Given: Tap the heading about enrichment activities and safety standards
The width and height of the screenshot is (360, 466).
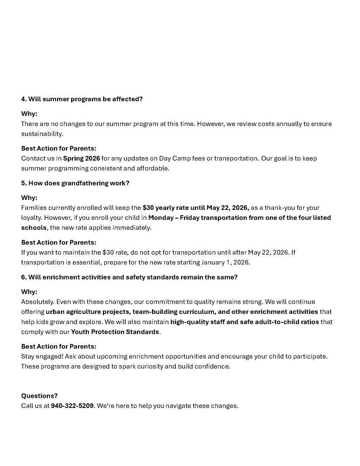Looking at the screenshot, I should (x=129, y=277).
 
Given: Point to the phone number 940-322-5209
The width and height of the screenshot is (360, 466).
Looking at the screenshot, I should (x=72, y=406).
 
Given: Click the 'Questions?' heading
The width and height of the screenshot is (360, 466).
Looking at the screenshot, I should (x=39, y=396).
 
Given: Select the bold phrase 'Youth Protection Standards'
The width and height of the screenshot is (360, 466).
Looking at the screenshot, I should (x=115, y=332).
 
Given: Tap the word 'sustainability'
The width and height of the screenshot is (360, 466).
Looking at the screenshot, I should (x=41, y=134).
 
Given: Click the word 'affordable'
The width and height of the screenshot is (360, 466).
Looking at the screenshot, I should (x=152, y=168).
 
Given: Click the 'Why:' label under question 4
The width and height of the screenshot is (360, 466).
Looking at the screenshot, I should (x=29, y=114).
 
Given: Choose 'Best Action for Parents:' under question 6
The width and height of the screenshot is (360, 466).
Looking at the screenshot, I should (x=59, y=347).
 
